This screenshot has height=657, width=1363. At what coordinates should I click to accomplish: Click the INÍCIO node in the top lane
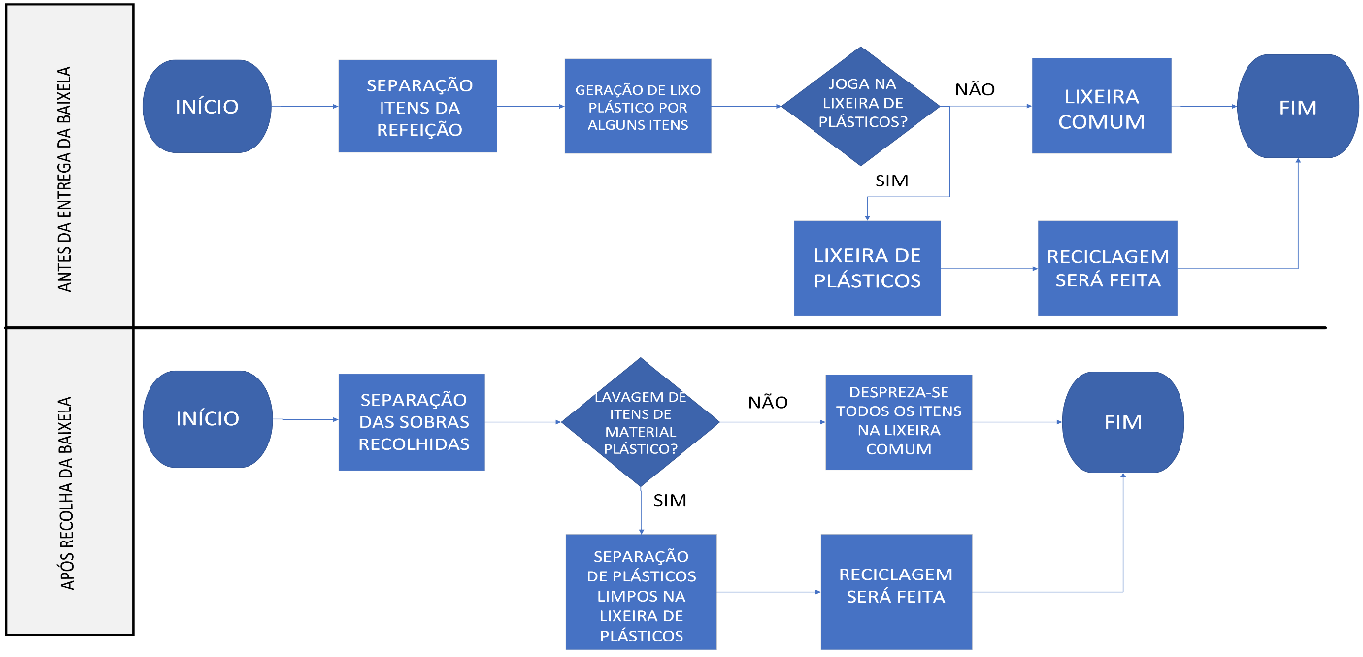(x=206, y=106)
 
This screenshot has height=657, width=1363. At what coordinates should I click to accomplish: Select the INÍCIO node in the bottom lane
(x=206, y=418)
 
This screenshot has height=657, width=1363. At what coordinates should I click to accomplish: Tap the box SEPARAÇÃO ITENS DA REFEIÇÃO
(x=417, y=106)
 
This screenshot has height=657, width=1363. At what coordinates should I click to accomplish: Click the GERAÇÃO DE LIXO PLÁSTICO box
(x=638, y=106)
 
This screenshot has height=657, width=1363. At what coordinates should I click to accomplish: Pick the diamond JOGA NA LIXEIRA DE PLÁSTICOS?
(x=861, y=106)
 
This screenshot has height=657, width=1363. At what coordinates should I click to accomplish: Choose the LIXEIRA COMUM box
(x=1101, y=106)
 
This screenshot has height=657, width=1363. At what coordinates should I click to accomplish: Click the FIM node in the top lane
(x=1298, y=106)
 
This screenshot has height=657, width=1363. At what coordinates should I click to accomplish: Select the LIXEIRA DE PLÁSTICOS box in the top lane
(x=867, y=269)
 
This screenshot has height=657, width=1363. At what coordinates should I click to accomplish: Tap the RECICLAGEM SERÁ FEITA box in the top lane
(x=1108, y=269)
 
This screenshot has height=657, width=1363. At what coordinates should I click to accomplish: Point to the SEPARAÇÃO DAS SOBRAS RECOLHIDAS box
(x=412, y=422)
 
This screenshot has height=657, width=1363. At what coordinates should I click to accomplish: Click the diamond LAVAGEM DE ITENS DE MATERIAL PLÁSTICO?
(x=640, y=422)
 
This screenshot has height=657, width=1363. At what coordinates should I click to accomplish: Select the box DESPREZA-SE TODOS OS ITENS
(x=898, y=422)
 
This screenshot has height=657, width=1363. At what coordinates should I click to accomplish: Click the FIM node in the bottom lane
(x=1122, y=422)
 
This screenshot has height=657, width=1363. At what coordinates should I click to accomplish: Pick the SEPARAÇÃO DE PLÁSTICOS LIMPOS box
(x=641, y=592)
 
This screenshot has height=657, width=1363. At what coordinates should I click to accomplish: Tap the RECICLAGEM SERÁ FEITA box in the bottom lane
(x=895, y=592)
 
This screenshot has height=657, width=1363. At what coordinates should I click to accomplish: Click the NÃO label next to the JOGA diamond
(x=975, y=89)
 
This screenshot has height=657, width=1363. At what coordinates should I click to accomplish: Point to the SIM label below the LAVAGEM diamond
(x=671, y=501)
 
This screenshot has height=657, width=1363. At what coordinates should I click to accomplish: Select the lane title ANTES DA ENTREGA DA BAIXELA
(x=66, y=165)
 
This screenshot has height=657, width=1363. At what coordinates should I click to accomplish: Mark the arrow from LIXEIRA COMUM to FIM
(x=1203, y=106)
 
